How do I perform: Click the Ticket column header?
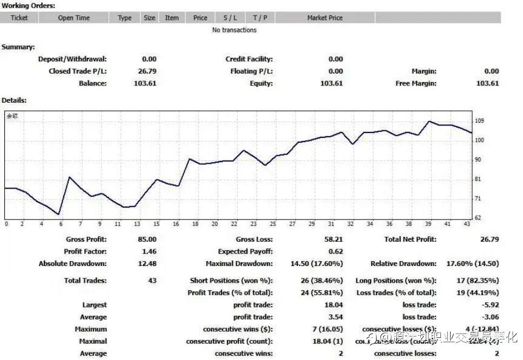coord(19,18)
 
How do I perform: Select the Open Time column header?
coord(74,18)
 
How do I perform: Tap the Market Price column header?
coord(325,18)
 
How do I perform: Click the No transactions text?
coord(234,30)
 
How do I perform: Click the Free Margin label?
coord(416,84)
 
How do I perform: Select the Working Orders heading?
coord(28,5)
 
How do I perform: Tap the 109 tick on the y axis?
coord(479,121)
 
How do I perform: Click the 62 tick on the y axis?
coord(478,218)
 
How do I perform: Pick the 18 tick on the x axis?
coord(195,224)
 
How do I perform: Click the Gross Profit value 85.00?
coord(147,239)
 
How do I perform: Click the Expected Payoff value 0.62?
coord(336,252)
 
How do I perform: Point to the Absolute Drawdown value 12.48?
coord(147,264)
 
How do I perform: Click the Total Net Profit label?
coord(410,239)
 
